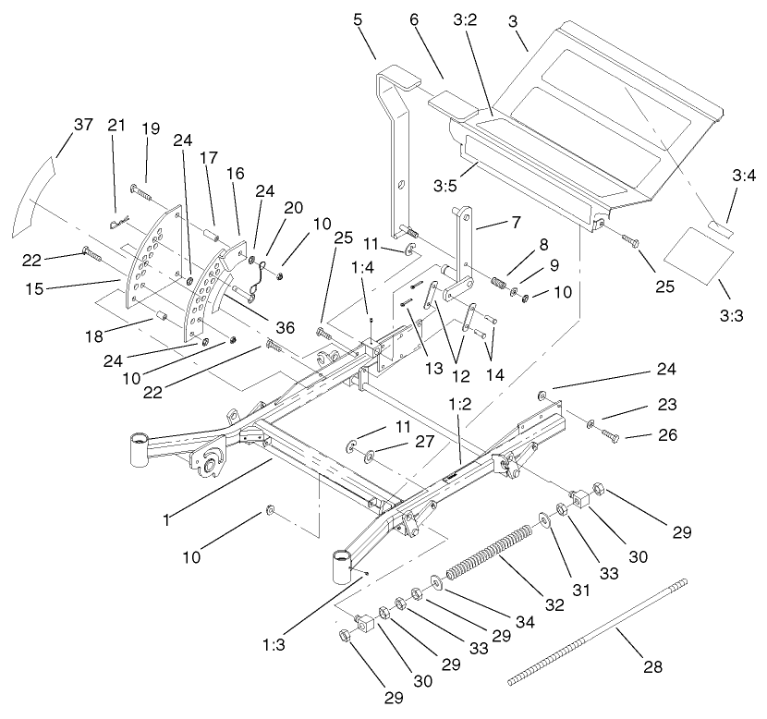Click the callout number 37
(83, 126)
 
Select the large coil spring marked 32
(490, 554)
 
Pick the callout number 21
(116, 126)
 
